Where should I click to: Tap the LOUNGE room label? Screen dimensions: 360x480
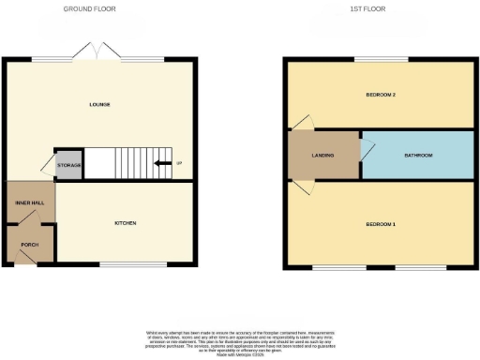(x=100, y=104)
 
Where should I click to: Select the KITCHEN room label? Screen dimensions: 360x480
(x=126, y=223)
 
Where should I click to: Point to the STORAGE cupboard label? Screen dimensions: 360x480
(x=69, y=165)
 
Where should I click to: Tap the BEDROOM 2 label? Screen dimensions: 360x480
(x=380, y=95)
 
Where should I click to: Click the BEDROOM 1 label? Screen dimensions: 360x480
(x=380, y=225)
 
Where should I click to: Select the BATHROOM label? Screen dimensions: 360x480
(x=418, y=155)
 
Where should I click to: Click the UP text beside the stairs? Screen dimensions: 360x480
(x=178, y=165)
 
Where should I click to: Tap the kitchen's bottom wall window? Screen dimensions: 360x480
(x=126, y=264)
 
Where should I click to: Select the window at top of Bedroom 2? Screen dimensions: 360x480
(x=381, y=60)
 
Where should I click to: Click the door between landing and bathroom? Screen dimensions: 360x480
(x=367, y=148)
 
